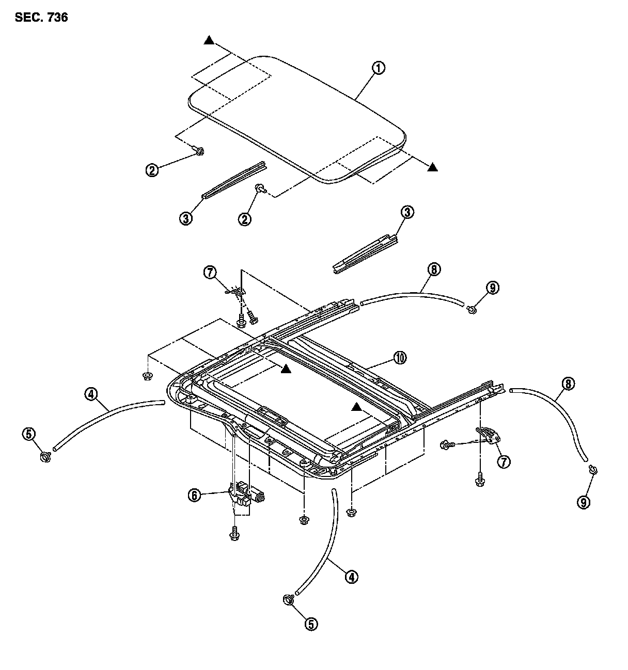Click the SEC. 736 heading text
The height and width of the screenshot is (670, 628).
(x=41, y=18)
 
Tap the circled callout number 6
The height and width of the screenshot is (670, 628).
(x=194, y=496)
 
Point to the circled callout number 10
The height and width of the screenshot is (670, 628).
(x=400, y=357)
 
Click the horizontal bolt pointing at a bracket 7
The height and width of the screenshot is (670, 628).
(x=447, y=444)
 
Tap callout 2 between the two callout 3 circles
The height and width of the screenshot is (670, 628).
(x=245, y=219)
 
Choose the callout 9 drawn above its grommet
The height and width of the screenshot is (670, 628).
(x=493, y=288)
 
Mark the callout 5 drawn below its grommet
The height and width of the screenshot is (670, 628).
(x=310, y=624)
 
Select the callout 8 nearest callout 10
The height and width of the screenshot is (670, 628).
(x=433, y=269)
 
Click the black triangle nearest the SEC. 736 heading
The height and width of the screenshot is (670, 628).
(x=209, y=40)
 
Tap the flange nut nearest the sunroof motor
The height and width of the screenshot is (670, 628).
(x=304, y=519)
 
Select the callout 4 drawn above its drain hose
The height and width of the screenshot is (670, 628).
(x=90, y=395)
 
